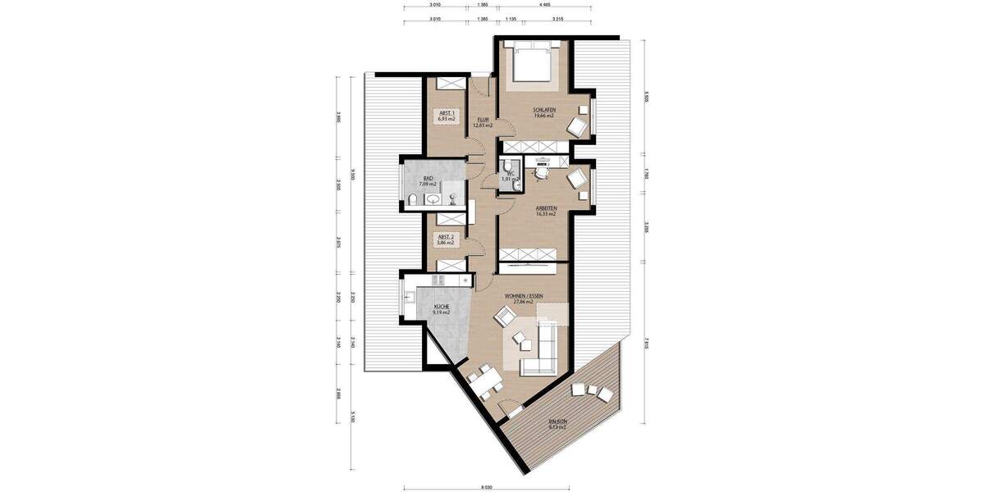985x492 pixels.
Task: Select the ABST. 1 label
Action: coord(447,116)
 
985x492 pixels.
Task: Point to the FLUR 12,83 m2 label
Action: coord(483,122)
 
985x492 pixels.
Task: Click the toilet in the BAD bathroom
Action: coord(413,200)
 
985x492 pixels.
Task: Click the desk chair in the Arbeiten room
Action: coord(542,172)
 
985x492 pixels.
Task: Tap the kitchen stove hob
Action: coord(438,281)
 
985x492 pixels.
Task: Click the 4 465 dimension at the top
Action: coord(545,5)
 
